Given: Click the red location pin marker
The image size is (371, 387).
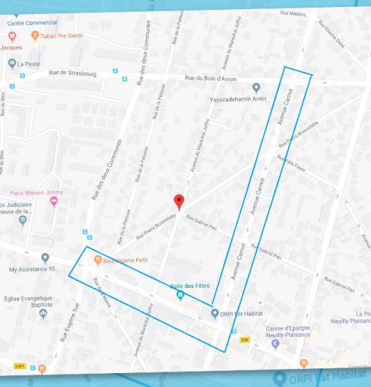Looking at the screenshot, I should (179, 200).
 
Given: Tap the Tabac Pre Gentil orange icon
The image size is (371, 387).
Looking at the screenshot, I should (24, 36).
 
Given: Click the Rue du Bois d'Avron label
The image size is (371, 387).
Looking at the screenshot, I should (211, 77).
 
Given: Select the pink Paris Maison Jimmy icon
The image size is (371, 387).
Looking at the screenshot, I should (53, 202).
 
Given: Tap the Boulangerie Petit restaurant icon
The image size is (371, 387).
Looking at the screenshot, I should (97, 259).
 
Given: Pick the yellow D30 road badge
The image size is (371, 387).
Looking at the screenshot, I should (244, 338).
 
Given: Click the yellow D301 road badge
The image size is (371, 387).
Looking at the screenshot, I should (20, 365).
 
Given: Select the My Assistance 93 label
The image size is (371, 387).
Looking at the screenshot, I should (33, 270).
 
